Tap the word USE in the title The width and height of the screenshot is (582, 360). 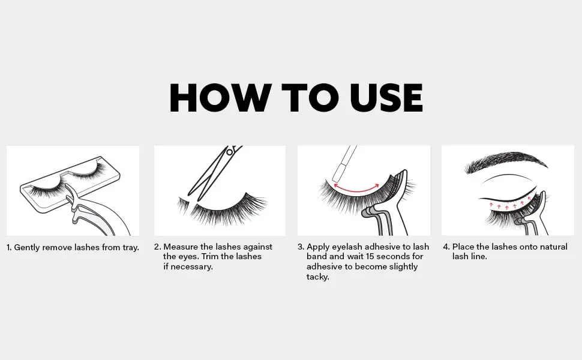coord(386,98)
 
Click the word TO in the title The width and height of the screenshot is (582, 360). coord(310,98)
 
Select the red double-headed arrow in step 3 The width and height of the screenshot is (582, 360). coord(356,191)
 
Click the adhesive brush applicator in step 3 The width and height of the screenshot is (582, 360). coord(344,163)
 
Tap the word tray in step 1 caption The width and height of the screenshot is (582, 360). coord(130,248)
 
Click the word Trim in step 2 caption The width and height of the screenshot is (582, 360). coord(210,256)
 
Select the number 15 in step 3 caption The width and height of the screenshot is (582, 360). coord(371,256)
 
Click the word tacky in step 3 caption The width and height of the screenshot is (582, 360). coord(318,277)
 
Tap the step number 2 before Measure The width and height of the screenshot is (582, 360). coord(158,247)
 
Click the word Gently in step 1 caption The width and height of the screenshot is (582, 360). coord(27,248)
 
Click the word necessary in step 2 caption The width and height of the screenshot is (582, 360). coord(191,267)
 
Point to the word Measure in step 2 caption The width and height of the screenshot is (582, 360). coord(181,247)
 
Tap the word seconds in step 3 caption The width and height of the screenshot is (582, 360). coord(394,256)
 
